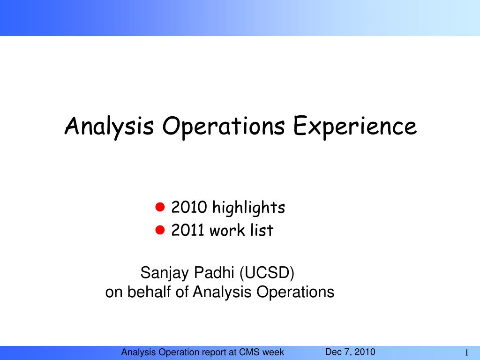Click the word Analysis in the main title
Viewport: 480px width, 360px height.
tap(109, 127)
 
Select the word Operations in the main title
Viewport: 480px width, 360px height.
tap(224, 127)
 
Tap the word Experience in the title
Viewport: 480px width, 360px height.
tap(355, 127)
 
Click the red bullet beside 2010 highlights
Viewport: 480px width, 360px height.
tap(160, 207)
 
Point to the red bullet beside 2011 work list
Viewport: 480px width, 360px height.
tap(160, 230)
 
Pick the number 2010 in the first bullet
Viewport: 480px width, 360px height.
tap(189, 207)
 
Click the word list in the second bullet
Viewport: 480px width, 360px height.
tap(262, 230)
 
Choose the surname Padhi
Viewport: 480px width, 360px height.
tap(214, 272)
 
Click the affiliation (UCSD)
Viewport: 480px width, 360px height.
tap(267, 273)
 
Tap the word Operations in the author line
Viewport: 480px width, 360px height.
tap(295, 292)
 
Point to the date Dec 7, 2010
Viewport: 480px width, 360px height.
tap(350, 352)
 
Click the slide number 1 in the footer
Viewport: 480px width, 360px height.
tap(466, 352)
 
